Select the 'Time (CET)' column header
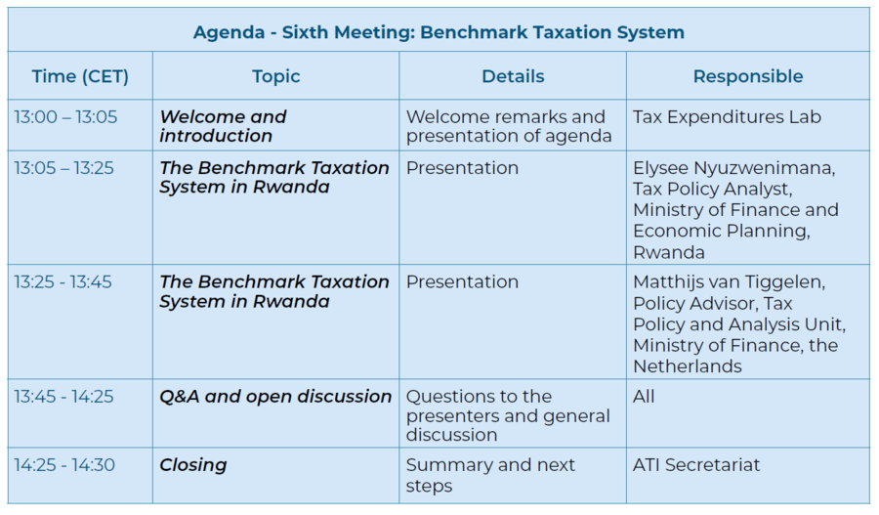point(80,76)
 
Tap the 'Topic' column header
point(275,77)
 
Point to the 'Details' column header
point(513,76)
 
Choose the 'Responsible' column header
point(748,76)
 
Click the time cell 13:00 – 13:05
point(65,116)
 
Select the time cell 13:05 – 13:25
point(63,168)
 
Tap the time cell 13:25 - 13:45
point(63,281)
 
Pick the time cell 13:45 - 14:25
point(63,396)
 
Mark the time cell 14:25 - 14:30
point(64,464)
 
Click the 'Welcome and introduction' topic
point(223,126)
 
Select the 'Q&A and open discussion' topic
point(275,397)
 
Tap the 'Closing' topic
point(193,465)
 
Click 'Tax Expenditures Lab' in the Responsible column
point(727,116)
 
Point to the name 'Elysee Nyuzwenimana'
point(734,168)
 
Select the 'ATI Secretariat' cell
point(696,464)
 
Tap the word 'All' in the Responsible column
point(644,396)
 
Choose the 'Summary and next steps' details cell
point(490,475)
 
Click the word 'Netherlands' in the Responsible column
point(688,366)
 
